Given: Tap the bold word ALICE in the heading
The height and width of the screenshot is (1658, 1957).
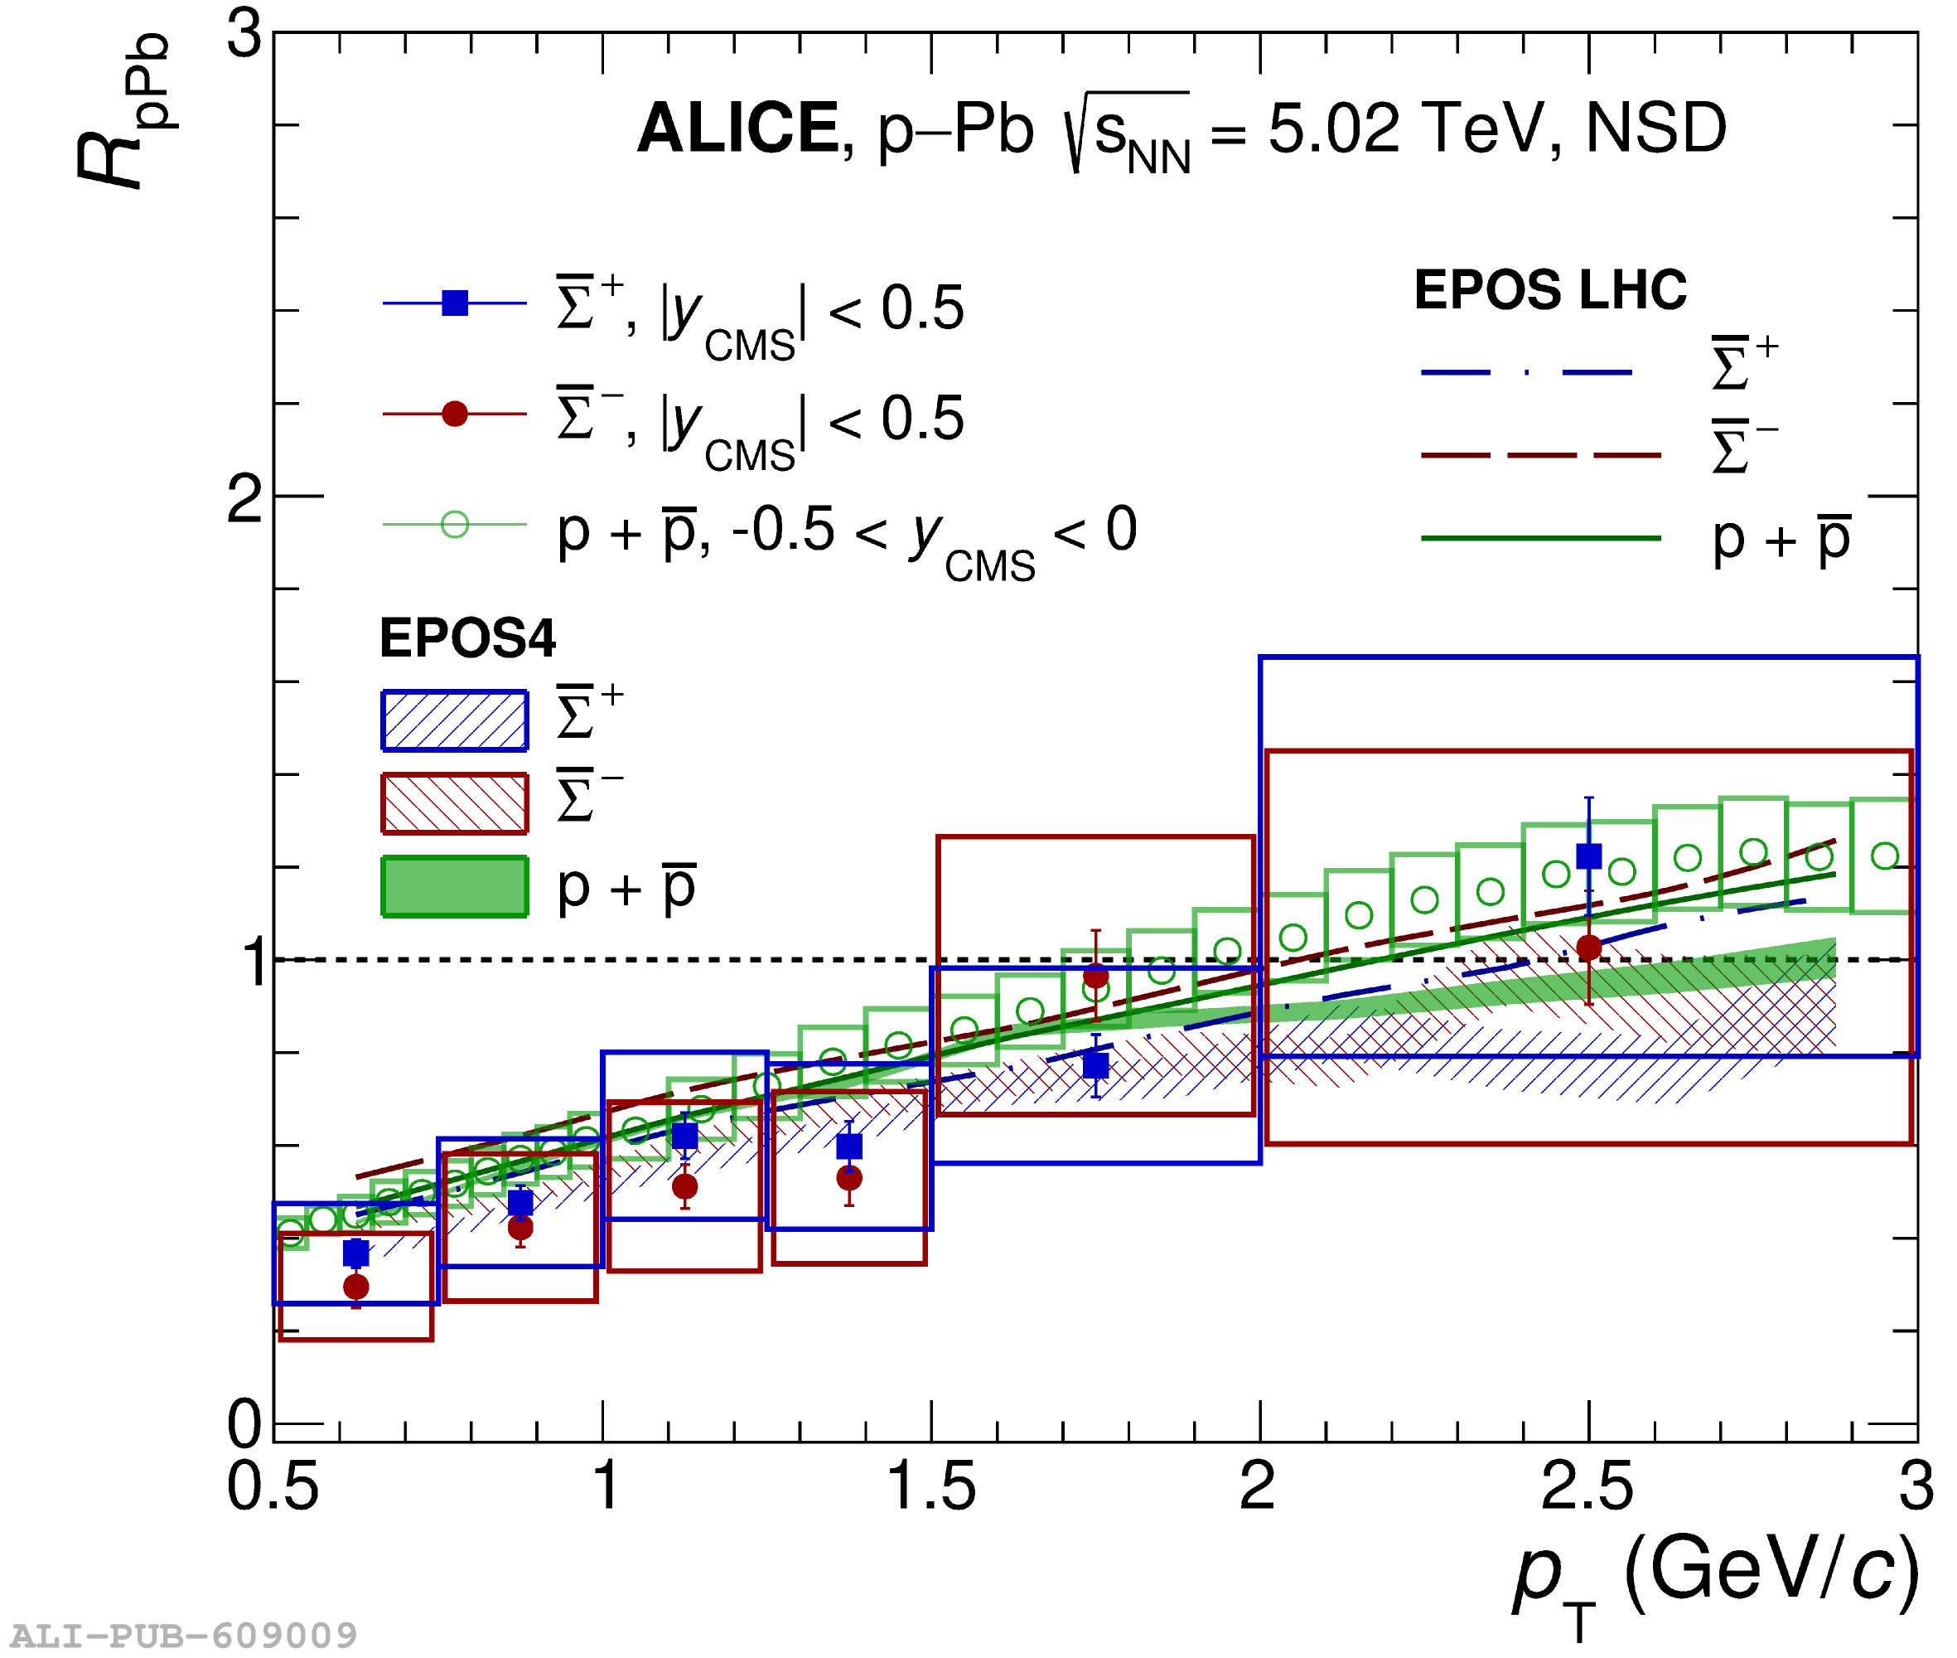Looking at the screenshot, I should (737, 128).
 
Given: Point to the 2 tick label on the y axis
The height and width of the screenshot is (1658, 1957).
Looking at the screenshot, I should (245, 499).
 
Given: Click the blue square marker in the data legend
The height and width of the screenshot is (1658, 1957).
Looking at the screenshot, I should (455, 303).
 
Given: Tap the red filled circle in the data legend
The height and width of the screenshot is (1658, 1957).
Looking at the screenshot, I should (455, 414).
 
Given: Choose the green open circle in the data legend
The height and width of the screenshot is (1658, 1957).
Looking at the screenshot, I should (455, 524).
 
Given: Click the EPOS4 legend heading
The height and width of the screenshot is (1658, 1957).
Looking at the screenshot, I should (467, 638).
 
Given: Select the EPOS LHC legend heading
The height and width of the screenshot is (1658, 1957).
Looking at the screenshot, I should (1549, 289).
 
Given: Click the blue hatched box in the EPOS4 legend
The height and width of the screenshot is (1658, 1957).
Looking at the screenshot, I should (455, 721).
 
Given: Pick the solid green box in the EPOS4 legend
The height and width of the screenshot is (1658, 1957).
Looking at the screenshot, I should (455, 886).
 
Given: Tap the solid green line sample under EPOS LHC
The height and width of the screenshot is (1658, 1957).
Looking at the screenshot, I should (1541, 539).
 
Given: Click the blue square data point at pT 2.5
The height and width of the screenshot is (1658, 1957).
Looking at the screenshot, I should (1588, 856).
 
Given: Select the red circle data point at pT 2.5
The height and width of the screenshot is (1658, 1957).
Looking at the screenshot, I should (1588, 948).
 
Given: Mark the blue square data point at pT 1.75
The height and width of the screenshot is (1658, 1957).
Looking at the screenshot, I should (1095, 1065).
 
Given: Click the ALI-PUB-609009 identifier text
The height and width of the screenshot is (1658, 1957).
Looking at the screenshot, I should (184, 1636).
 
